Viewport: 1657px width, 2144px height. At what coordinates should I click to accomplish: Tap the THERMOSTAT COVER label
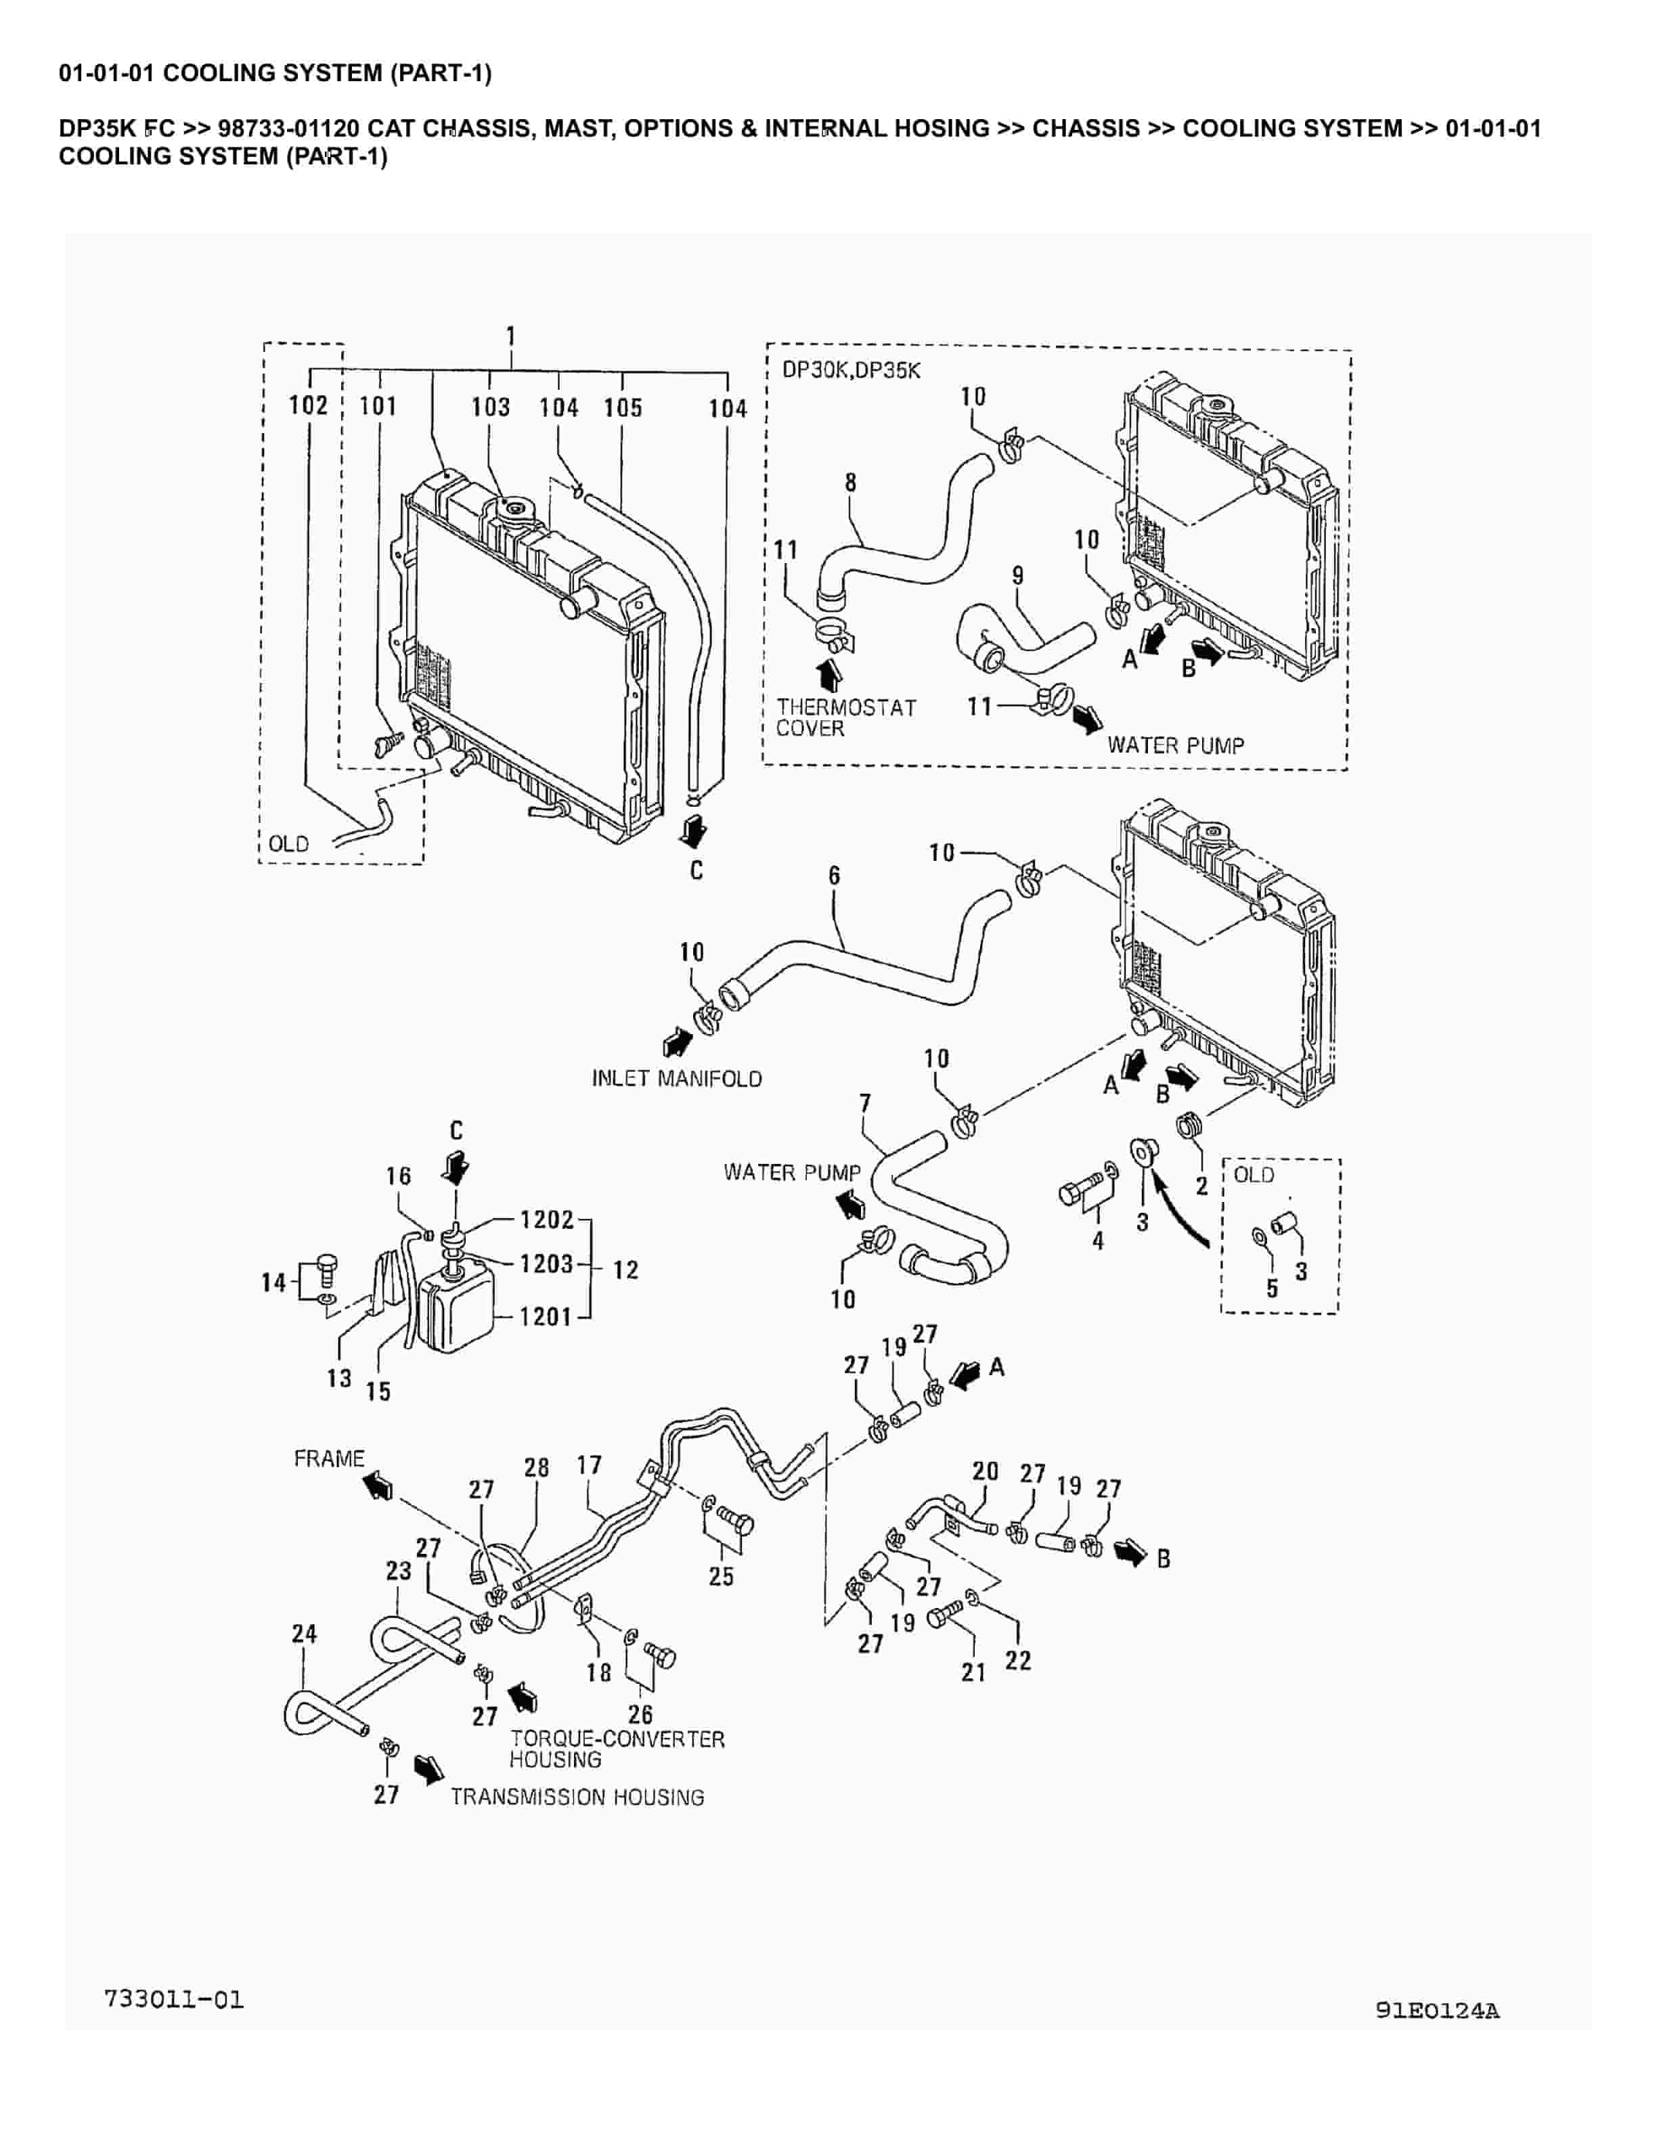coord(846,717)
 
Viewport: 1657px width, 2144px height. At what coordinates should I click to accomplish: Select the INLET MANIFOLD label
coord(676,1078)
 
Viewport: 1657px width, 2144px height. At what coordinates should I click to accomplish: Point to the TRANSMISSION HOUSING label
coord(577,1797)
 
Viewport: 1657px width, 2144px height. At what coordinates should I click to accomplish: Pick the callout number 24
coord(305,1634)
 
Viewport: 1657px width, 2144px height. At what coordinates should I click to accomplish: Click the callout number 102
coord(307,405)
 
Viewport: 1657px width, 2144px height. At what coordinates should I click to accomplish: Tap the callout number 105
coord(622,407)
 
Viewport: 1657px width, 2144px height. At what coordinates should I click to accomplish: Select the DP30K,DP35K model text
coord(851,371)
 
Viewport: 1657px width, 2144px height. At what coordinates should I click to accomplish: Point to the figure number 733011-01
coord(174,2000)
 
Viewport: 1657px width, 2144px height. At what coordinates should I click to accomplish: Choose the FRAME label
coord(329,1459)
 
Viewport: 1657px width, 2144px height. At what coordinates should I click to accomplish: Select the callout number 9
coord(1018,575)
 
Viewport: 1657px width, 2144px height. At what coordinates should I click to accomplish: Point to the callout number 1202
coord(547,1220)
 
